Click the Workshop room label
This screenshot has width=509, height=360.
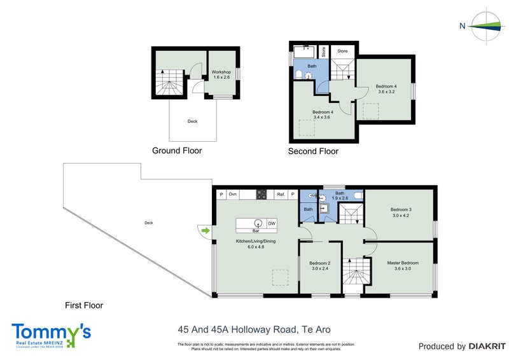pyautogui.click(x=221, y=74)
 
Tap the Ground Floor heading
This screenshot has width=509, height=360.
pyautogui.click(x=177, y=151)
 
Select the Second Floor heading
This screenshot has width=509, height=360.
pyautogui.click(x=313, y=151)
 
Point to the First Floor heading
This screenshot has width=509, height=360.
pyautogui.click(x=84, y=305)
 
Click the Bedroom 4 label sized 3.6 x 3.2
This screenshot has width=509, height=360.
pyautogui.click(x=386, y=89)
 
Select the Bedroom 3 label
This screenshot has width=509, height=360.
pyautogui.click(x=401, y=212)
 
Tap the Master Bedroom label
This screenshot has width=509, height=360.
pyautogui.click(x=403, y=265)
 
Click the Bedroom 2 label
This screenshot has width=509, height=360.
pyautogui.click(x=320, y=265)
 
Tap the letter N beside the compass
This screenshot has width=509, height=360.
pyautogui.click(x=463, y=26)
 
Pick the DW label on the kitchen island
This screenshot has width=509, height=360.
pyautogui.click(x=272, y=223)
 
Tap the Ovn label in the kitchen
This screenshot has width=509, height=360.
pyautogui.click(x=233, y=195)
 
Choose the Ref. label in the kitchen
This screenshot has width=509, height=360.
pyautogui.click(x=280, y=195)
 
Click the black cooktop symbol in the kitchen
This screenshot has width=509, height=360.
pyautogui.click(x=261, y=195)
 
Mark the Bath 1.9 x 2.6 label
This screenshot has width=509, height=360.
pyautogui.click(x=340, y=195)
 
